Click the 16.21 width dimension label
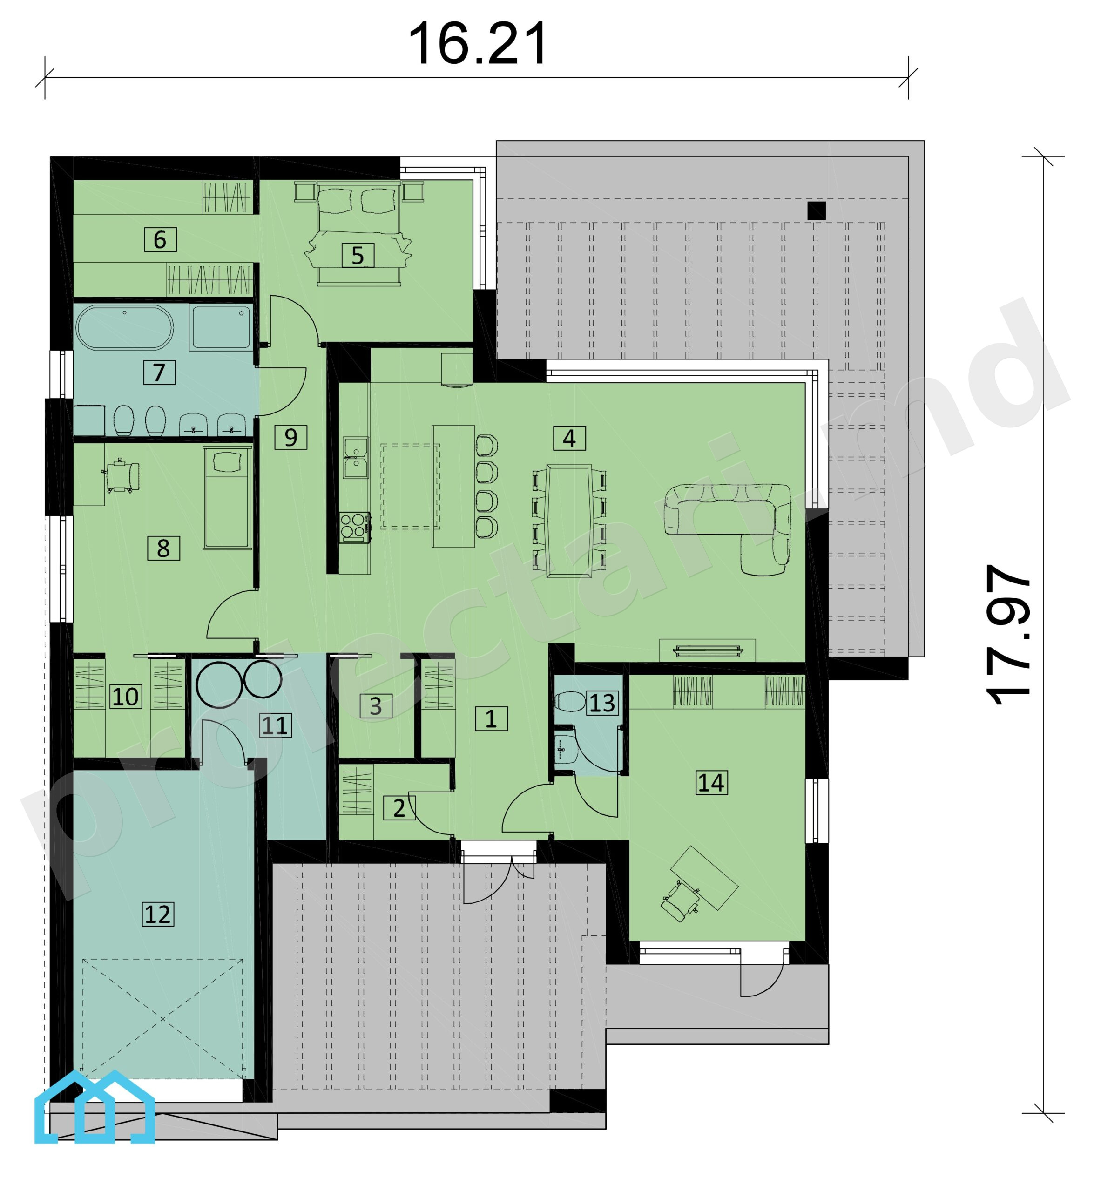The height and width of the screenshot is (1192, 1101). [477, 43]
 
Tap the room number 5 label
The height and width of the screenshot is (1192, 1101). [358, 256]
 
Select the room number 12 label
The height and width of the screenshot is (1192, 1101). [158, 914]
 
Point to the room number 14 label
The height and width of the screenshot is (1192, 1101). [711, 783]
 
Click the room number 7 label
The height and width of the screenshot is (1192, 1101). [159, 372]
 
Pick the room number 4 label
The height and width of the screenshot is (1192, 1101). [569, 439]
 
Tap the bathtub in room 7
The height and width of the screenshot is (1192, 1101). [124, 328]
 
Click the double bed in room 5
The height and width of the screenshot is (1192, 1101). [358, 234]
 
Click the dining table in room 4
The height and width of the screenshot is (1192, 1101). [569, 521]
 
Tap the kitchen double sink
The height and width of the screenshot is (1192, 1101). [356, 458]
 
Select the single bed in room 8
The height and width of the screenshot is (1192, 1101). [227, 498]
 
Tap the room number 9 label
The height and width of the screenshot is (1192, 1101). [291, 438]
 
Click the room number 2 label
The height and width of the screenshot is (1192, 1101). [399, 808]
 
